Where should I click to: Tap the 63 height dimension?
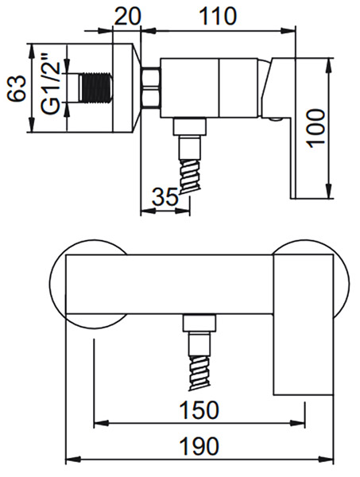pos(16,88)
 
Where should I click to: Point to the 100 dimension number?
pos(316,129)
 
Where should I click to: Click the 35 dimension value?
pos(165,196)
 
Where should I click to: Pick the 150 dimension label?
pos(199,409)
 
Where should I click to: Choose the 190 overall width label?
pos(199,446)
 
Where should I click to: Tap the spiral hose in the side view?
pos(191,176)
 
